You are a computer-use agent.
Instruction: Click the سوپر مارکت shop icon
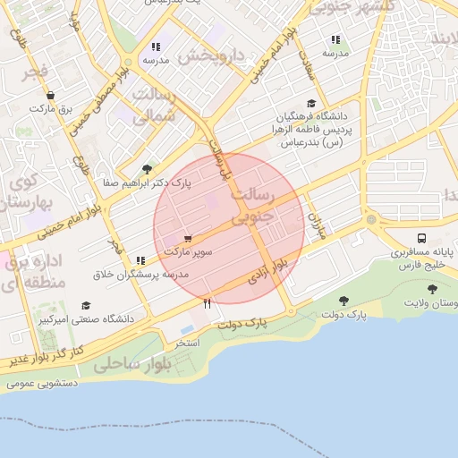(x=188, y=239)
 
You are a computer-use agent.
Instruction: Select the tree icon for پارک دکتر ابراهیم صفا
(x=148, y=169)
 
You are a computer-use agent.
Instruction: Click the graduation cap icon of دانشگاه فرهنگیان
(x=310, y=104)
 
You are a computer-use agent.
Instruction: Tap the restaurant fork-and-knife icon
(x=208, y=303)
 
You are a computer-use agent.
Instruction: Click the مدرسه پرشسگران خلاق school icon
(x=140, y=260)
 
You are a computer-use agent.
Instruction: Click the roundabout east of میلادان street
(x=371, y=219)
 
